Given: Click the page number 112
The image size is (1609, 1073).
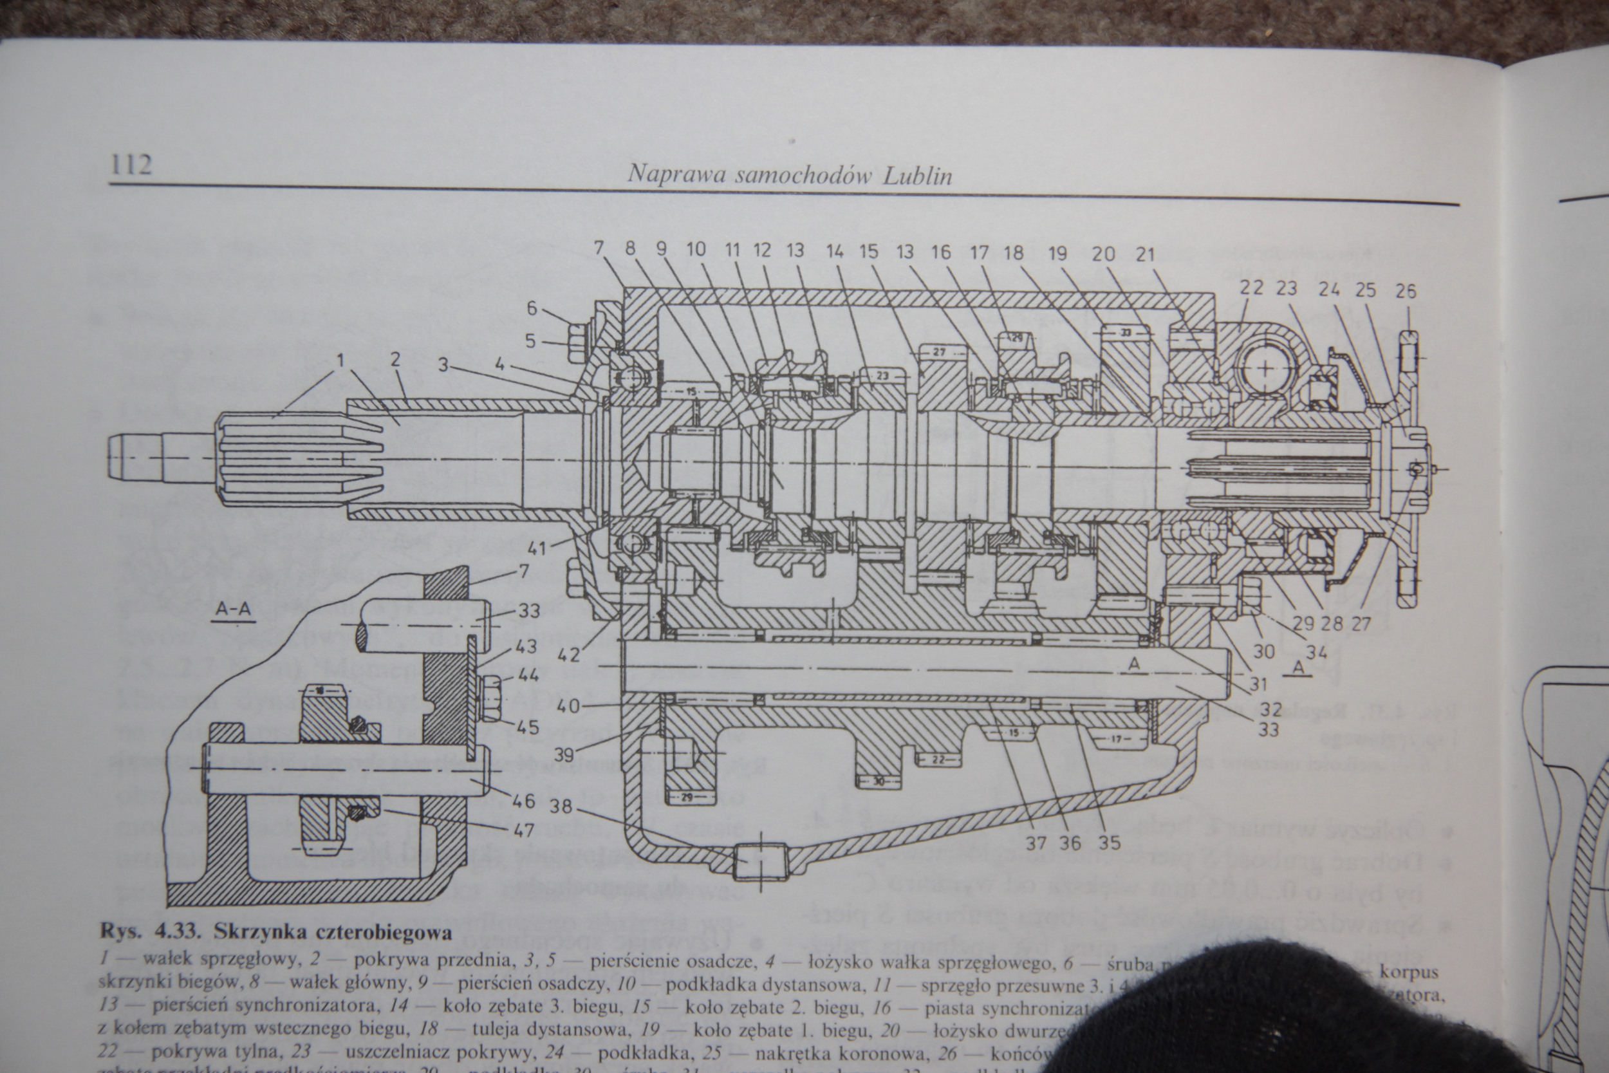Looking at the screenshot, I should (x=131, y=165).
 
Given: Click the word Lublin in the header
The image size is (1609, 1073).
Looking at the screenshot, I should (x=917, y=176).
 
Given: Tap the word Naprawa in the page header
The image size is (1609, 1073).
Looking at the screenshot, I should (x=676, y=174).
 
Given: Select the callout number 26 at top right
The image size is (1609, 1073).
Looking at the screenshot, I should (x=1405, y=292).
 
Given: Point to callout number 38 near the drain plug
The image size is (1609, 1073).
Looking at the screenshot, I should (x=561, y=808).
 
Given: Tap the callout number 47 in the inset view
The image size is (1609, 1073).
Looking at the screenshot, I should (x=523, y=830).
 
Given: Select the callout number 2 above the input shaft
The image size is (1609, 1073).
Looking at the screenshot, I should (x=395, y=359).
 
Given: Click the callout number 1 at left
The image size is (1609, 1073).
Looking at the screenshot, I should (x=339, y=359).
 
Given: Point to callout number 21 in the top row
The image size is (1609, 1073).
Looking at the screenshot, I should (x=1144, y=254).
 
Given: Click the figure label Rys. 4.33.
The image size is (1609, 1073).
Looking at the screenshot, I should (x=153, y=932).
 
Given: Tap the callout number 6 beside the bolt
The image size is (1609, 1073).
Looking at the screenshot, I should (x=532, y=308).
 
